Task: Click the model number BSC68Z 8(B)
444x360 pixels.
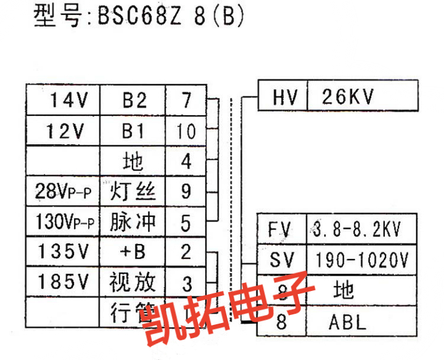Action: [x=170, y=17]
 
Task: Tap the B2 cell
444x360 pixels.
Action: [x=134, y=100]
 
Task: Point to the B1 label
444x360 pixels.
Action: [x=134, y=130]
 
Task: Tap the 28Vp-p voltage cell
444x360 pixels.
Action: [x=64, y=192]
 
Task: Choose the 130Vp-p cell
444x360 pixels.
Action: [x=64, y=222]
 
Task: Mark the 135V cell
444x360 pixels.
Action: [x=64, y=252]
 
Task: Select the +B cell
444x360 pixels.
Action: [x=134, y=252]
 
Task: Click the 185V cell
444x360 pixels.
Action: [x=64, y=282]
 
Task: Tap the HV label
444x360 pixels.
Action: [x=282, y=97]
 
